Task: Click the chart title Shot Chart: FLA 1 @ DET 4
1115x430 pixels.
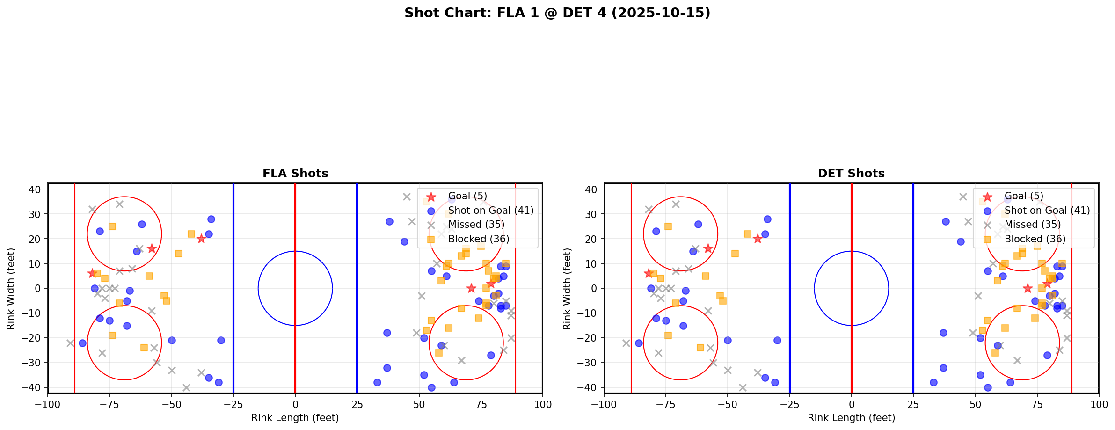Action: (x=557, y=13)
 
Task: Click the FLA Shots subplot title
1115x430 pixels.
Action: (x=295, y=174)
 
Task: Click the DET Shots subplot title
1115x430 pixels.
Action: (x=851, y=174)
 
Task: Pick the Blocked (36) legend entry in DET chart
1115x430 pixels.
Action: (x=1035, y=239)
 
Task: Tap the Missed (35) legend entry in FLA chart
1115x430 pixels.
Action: (x=476, y=225)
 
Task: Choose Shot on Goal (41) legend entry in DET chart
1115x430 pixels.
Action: (x=1047, y=211)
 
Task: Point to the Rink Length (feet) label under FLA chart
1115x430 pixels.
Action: (x=295, y=418)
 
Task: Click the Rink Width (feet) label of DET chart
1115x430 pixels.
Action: (x=567, y=289)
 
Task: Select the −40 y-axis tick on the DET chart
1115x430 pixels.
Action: (x=589, y=387)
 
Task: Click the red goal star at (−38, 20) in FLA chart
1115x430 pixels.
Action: (x=201, y=239)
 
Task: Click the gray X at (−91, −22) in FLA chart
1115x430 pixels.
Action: (x=70, y=343)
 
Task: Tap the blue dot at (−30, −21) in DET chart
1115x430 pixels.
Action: (x=777, y=340)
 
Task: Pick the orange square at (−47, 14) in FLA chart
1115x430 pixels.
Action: (x=179, y=254)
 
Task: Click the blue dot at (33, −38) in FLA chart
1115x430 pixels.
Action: (x=377, y=382)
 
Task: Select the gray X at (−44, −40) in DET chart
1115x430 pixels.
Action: (x=743, y=387)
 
